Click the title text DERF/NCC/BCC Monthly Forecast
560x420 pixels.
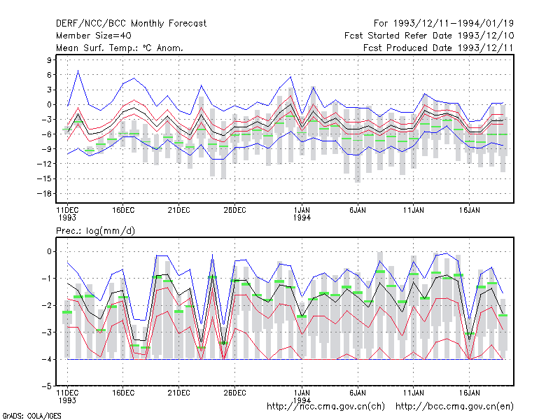[x=131, y=24]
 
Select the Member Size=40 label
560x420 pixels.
[x=94, y=36]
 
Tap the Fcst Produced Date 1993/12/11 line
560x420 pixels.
[x=438, y=48]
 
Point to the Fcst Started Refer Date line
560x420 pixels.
[x=429, y=36]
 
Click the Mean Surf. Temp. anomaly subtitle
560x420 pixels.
[x=120, y=48]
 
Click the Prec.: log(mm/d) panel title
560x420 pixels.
[x=95, y=231]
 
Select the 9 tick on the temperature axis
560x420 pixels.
[x=49, y=60]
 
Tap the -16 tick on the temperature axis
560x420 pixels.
[x=45, y=194]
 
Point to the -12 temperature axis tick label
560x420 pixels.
[x=45, y=164]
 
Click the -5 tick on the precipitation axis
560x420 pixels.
[x=47, y=386]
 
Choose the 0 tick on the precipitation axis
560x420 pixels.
[x=49, y=252]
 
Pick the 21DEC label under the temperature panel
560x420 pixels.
[x=179, y=211]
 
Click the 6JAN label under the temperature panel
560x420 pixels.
[x=358, y=211]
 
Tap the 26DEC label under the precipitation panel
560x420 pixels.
[x=234, y=393]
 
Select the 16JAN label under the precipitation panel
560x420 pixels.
[x=469, y=393]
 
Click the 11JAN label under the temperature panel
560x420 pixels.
[x=414, y=211]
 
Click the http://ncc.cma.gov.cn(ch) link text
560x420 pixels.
[x=325, y=407]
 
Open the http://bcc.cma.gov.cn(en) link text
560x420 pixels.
[x=454, y=407]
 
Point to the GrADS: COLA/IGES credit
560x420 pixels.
[x=31, y=416]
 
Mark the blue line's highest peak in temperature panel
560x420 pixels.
[x=78, y=71]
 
